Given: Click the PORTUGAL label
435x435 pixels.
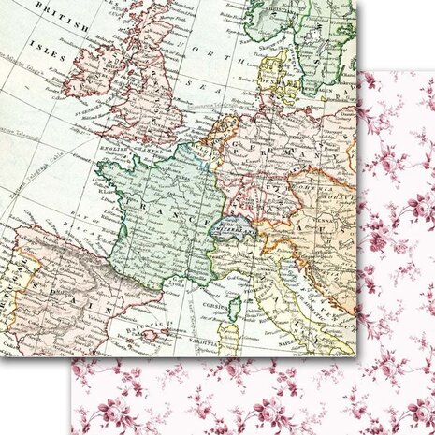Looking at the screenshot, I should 7,281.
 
